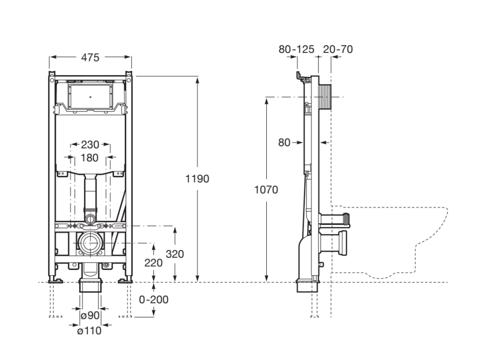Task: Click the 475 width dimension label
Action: pos(90,57)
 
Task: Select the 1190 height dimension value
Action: pos(197,179)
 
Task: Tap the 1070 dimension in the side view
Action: pos(266,189)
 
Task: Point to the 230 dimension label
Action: pos(90,144)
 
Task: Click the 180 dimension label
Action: pos(90,157)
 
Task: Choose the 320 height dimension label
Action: pos(175,254)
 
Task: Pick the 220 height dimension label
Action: pos(153,262)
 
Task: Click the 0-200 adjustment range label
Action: pos(154,299)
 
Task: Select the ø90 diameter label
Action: pos(90,315)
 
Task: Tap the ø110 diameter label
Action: pos(89,330)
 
